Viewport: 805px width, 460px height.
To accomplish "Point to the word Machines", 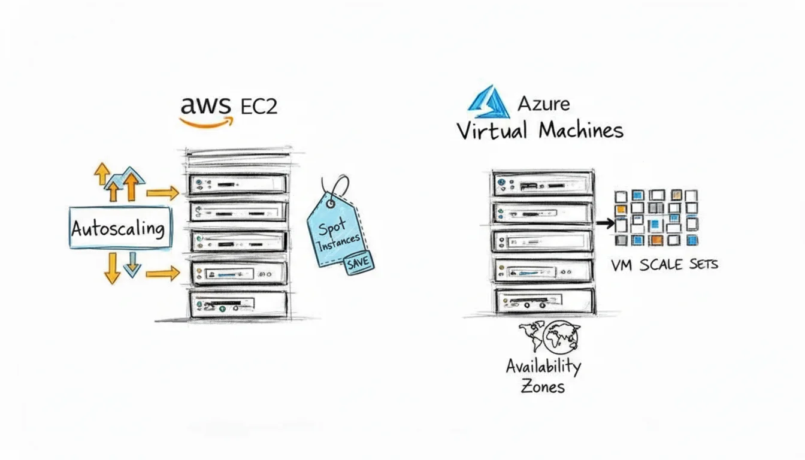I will [x=580, y=131].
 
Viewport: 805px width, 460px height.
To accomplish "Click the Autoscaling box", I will [x=120, y=228].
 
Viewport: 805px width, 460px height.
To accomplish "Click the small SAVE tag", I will [x=358, y=262].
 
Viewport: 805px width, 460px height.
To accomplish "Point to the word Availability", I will [x=543, y=366].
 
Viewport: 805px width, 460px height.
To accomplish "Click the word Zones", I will [x=542, y=386].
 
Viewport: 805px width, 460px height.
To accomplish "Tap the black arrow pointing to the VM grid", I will [x=605, y=223].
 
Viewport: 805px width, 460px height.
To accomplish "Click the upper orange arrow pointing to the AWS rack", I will [x=162, y=193].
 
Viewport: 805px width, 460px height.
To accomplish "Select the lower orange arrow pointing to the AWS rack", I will [x=162, y=274].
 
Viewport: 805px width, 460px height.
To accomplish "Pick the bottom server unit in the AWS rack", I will [x=238, y=303].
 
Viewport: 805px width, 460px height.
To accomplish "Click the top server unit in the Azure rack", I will [x=543, y=184].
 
